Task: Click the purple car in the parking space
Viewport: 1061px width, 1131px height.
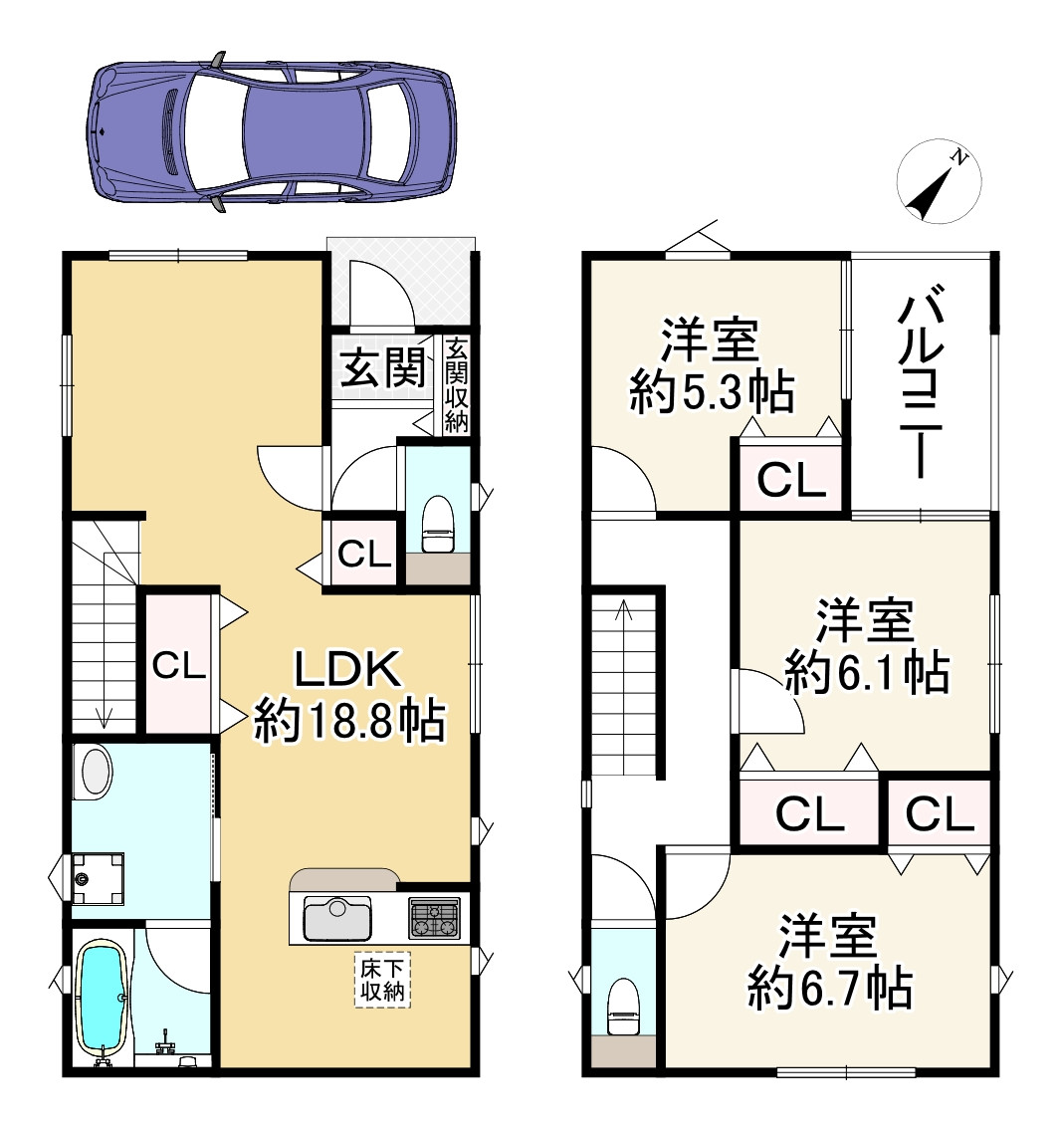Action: coord(271,130)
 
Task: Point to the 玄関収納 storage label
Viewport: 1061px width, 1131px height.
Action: coord(457,385)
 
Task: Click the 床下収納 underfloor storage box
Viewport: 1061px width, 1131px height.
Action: coord(382,981)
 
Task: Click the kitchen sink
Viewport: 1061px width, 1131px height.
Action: coord(337,918)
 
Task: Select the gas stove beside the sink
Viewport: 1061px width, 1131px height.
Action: coord(435,918)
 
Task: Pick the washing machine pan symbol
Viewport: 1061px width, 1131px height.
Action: coord(97,878)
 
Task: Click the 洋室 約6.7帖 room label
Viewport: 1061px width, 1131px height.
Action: coord(828,962)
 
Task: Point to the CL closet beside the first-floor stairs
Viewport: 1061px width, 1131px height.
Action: coord(178,665)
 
